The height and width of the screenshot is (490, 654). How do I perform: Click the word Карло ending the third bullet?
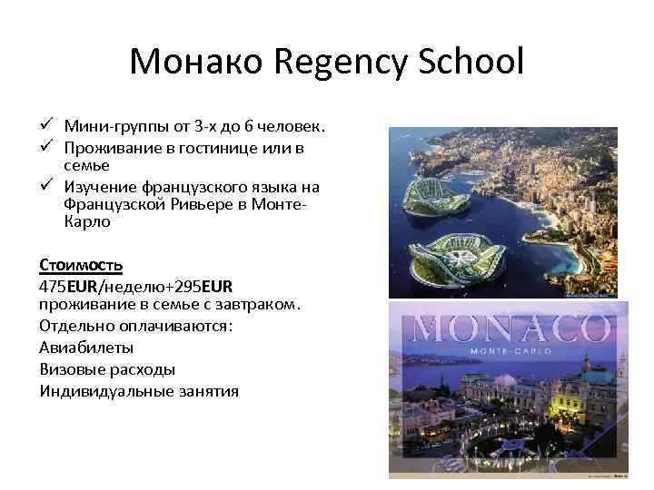pos(86,221)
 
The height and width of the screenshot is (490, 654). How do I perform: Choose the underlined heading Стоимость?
pos(81,265)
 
